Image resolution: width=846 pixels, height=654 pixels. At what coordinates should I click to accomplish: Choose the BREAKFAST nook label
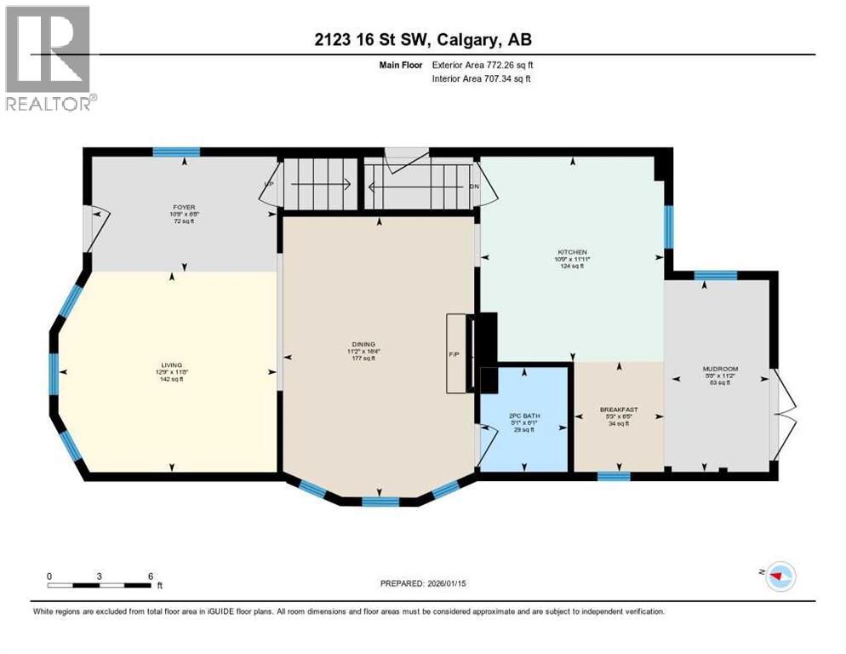(x=619, y=410)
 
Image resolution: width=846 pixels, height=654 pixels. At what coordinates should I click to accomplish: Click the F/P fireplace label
(x=454, y=354)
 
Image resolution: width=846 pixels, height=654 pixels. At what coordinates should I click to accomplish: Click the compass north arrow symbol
(x=775, y=576)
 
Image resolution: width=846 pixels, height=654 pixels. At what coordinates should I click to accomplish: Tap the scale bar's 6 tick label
(x=150, y=576)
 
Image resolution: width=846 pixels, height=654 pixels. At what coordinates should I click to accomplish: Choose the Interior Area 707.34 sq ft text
(x=479, y=78)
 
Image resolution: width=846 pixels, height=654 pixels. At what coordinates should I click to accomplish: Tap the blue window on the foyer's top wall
(x=176, y=152)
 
